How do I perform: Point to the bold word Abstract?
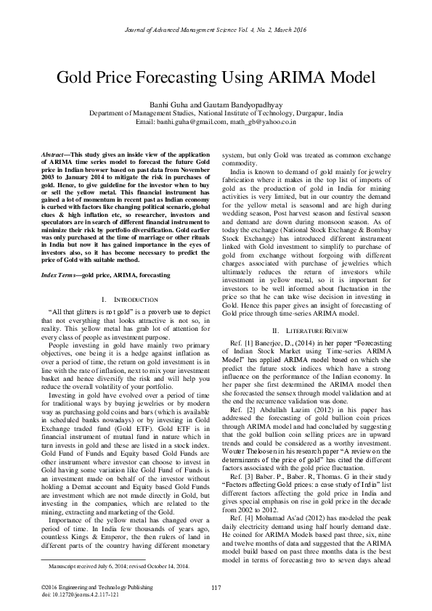pos(53,157)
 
